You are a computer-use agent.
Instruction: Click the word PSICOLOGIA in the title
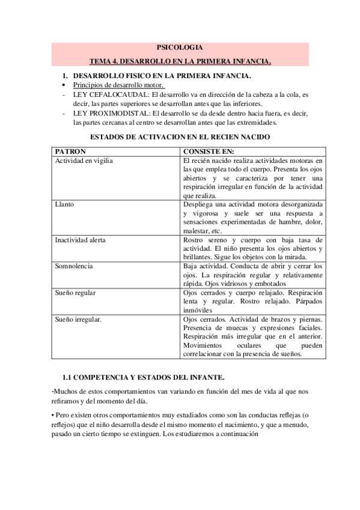point(180,48)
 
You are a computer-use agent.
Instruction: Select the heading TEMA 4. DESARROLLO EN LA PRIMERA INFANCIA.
point(180,61)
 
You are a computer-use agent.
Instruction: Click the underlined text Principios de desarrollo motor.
point(114,85)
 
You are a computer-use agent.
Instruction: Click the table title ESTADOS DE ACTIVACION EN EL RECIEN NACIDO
point(179,137)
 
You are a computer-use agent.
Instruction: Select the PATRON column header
point(71,152)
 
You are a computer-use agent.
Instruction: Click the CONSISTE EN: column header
point(209,152)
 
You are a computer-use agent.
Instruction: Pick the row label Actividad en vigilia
point(84,161)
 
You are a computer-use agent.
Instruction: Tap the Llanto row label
point(64,204)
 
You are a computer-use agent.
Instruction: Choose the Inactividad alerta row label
point(81,240)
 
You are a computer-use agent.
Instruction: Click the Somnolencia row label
point(75,266)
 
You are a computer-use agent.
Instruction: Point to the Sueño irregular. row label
point(79,319)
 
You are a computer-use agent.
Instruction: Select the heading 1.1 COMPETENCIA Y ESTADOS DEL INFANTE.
point(144,377)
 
